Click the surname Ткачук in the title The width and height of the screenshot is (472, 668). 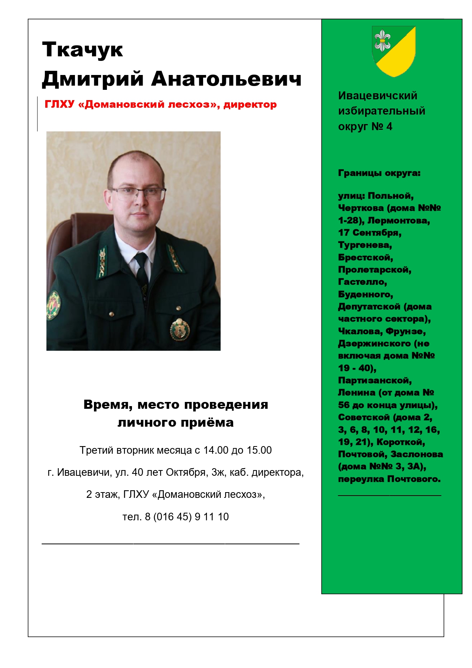click(x=83, y=50)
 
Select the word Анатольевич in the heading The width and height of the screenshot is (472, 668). click(x=226, y=79)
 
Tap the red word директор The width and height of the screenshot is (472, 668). click(x=250, y=104)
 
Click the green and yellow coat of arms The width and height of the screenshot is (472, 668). click(x=394, y=51)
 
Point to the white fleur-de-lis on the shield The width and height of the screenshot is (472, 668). click(x=382, y=41)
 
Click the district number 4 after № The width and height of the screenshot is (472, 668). click(x=389, y=126)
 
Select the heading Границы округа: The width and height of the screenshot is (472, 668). click(x=379, y=173)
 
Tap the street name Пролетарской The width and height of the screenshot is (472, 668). click(x=375, y=269)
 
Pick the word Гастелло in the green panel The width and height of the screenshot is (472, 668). click(x=362, y=282)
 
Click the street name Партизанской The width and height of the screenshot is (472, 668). click(x=375, y=380)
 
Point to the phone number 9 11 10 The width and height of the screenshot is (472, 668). click(x=211, y=517)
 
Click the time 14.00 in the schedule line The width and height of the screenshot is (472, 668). click(x=216, y=450)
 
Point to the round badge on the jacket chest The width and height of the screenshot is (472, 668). click(x=180, y=329)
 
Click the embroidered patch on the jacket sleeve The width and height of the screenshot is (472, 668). click(x=53, y=305)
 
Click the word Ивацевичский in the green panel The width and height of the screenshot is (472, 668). click(x=378, y=96)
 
